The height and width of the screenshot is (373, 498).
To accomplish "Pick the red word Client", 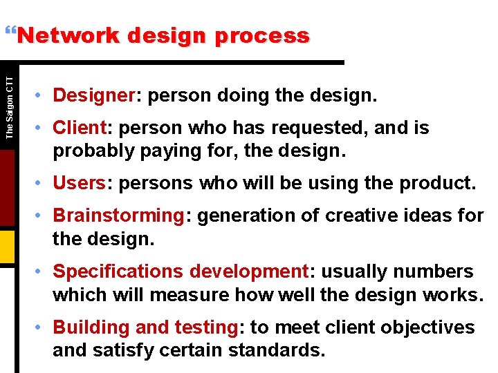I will tap(78, 128).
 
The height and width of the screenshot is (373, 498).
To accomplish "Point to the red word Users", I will tap(79, 183).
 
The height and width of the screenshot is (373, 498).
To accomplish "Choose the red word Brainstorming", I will tap(118, 216).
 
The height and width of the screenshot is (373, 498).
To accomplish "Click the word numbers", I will tap(434, 271).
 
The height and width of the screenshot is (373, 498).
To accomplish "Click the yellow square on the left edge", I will tap(7, 245).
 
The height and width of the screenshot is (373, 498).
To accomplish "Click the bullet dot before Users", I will tap(41, 184).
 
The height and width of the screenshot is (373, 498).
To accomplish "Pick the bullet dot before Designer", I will tap(41, 95).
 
